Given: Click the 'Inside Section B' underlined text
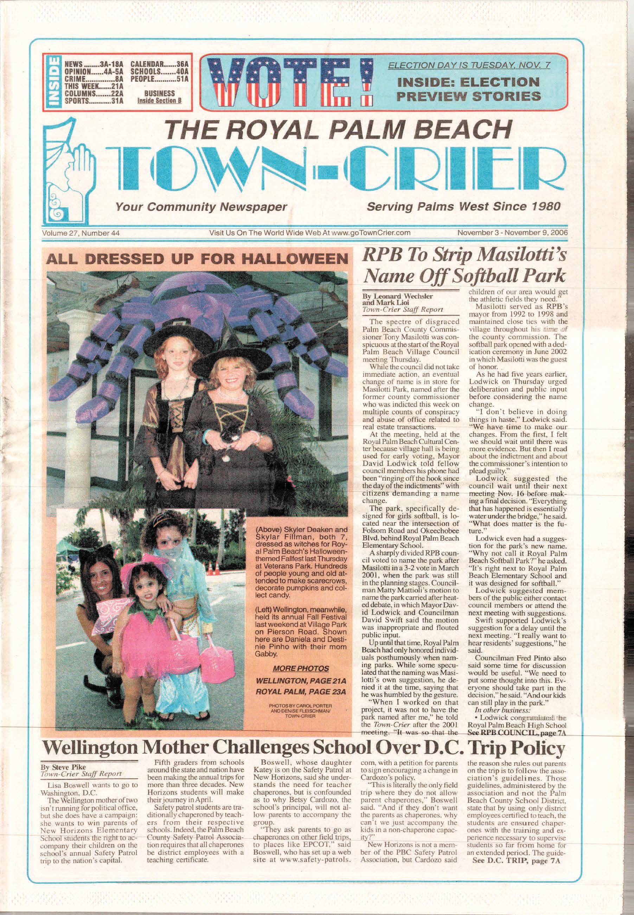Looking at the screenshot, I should tap(159, 101).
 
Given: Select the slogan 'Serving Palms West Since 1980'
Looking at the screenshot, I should tap(463, 206).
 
